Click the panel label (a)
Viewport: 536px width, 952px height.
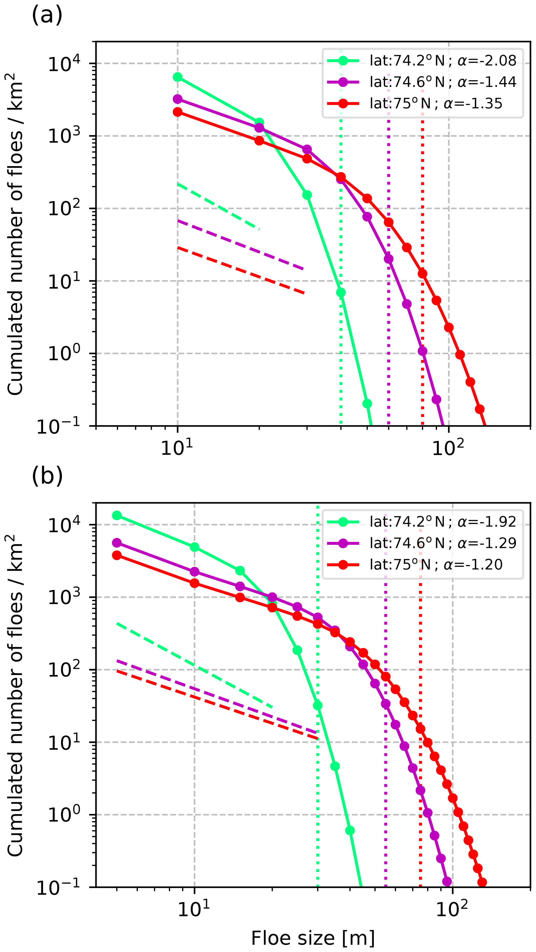pos(47,16)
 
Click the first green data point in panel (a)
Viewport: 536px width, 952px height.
pos(178,77)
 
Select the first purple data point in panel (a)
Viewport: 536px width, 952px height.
pos(178,99)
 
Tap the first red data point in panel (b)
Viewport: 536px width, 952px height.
pos(117,555)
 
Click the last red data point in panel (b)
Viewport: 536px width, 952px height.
pos(482,883)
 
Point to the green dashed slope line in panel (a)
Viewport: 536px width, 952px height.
pos(218,206)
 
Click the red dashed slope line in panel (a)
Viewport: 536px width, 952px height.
pos(240,270)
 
